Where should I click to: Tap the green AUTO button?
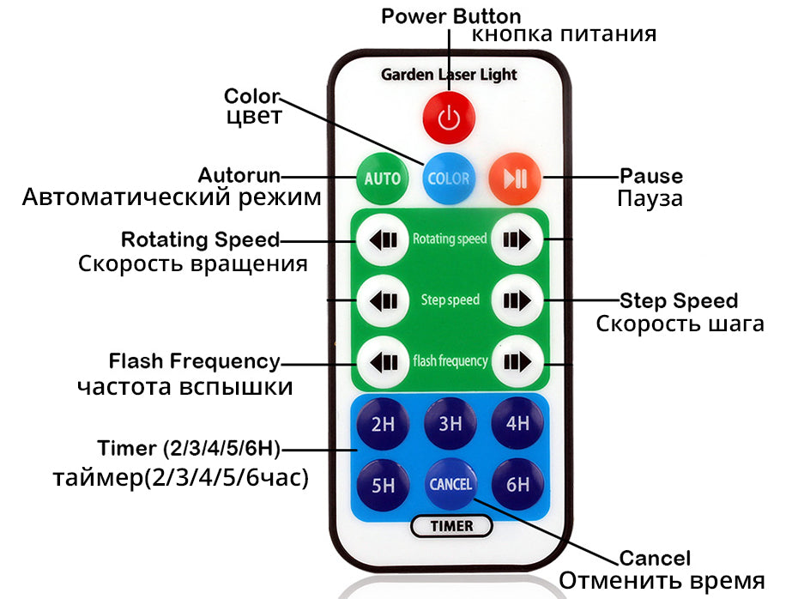click(382, 178)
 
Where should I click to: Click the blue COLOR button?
click(449, 178)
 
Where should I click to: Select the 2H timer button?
click(383, 423)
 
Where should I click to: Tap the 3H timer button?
click(450, 423)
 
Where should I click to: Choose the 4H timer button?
click(517, 423)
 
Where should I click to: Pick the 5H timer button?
click(383, 485)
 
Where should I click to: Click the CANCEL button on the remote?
click(450, 484)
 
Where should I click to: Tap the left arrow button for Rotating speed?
click(383, 239)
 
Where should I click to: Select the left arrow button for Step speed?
click(383, 299)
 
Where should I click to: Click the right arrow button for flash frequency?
click(517, 360)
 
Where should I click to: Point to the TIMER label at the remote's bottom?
click(452, 525)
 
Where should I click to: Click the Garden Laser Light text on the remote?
click(449, 75)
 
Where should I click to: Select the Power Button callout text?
click(450, 16)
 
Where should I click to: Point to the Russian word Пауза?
click(650, 199)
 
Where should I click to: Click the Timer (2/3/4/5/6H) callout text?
click(189, 448)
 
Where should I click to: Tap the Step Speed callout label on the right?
click(679, 300)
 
